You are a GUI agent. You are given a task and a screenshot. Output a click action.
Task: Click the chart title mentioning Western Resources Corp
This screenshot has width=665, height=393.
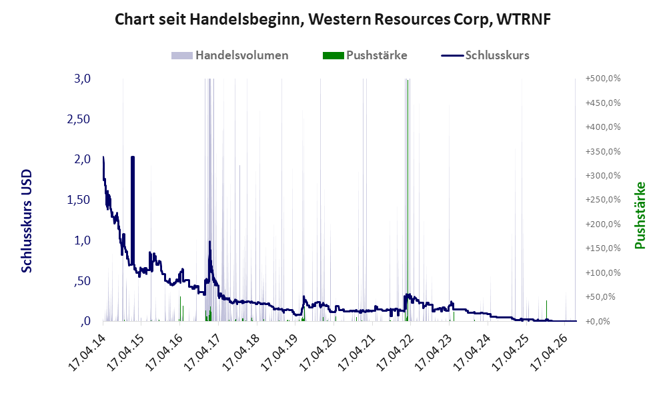(332, 19)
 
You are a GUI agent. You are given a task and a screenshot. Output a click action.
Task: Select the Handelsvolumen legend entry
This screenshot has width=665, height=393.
(230, 55)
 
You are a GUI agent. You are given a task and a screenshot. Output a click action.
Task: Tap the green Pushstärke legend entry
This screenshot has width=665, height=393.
(365, 55)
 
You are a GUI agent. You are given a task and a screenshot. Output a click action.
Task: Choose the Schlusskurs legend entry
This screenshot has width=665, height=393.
(485, 55)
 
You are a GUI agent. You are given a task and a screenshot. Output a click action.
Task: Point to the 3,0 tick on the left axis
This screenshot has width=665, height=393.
(82, 79)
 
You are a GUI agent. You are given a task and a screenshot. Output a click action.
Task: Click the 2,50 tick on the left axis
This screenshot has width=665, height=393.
(79, 119)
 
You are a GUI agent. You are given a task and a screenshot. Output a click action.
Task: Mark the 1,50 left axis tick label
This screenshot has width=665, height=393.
(79, 200)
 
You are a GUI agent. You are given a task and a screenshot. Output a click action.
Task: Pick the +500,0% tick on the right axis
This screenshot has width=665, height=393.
(603, 79)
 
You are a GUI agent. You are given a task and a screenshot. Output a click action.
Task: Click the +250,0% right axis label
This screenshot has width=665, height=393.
(603, 199)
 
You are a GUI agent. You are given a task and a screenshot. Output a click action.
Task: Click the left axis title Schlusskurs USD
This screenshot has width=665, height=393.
(26, 221)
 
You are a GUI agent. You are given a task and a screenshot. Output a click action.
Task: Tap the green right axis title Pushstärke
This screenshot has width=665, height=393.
(640, 215)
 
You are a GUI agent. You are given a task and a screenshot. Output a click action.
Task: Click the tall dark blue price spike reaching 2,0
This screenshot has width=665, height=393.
(133, 210)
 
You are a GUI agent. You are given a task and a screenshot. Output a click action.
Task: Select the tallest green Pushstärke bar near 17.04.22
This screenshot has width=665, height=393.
(408, 200)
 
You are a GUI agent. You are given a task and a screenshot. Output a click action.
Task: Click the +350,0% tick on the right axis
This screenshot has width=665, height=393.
(603, 151)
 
